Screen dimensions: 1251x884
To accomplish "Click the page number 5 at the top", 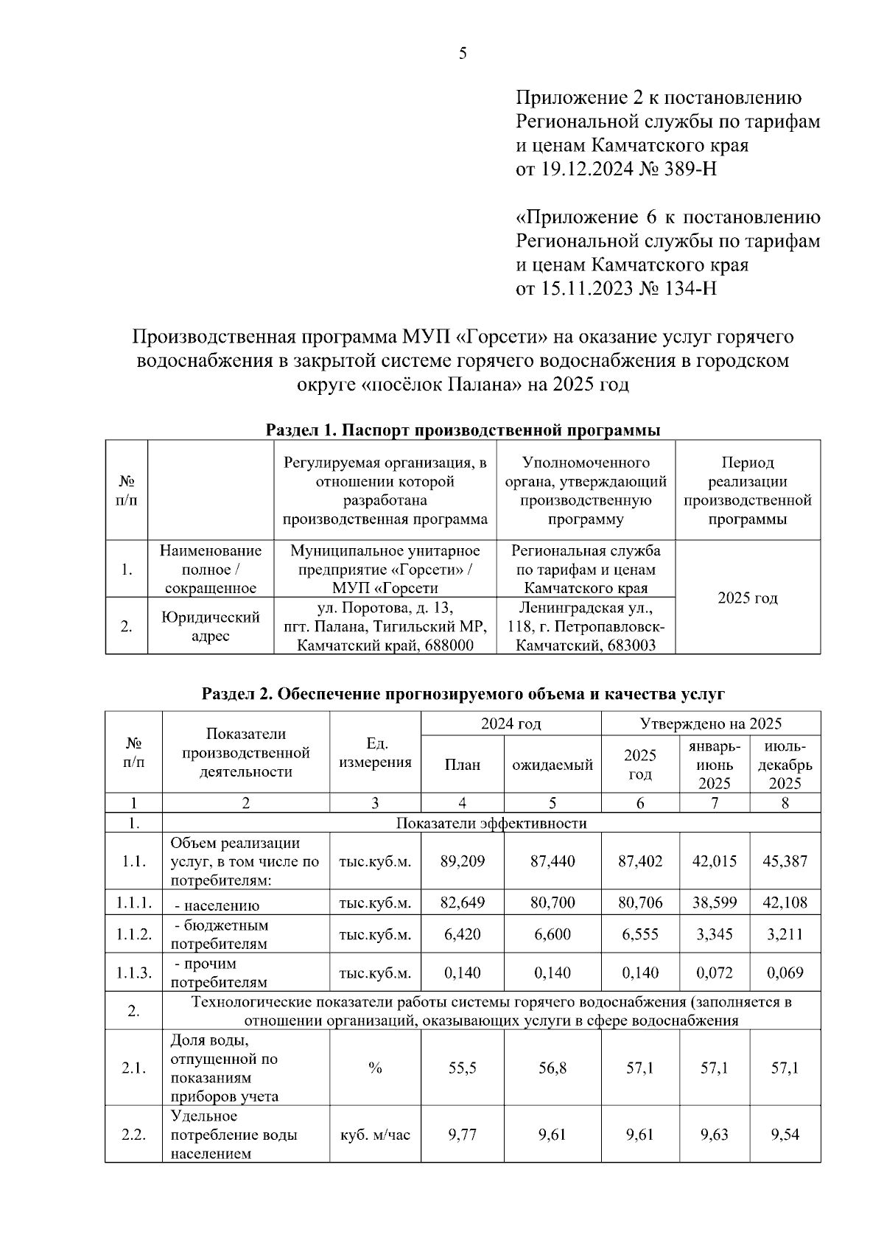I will (x=463, y=53).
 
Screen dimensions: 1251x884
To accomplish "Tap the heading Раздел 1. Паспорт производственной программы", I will (x=463, y=430).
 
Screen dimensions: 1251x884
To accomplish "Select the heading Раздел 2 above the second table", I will (x=463, y=694).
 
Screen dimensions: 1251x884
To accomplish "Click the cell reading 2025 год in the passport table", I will (x=748, y=598).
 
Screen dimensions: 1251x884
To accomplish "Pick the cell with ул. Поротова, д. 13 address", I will (x=385, y=626).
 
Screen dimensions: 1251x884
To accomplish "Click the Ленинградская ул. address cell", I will (x=586, y=626).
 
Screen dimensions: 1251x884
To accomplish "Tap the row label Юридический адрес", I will (x=211, y=626).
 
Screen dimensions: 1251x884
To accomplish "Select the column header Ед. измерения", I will (x=375, y=753).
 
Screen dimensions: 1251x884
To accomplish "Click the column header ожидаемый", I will (x=552, y=765).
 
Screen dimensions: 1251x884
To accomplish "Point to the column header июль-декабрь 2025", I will (x=785, y=765).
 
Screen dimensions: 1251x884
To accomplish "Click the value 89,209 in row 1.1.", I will (x=462, y=861).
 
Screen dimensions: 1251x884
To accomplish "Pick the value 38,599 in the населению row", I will (x=714, y=903).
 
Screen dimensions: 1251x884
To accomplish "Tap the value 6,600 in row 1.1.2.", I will (x=552, y=934).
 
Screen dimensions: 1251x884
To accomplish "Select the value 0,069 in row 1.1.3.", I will (x=785, y=973).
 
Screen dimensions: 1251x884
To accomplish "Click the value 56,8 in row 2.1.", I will (x=552, y=1068).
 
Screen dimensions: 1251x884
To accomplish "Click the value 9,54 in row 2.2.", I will (x=785, y=1135).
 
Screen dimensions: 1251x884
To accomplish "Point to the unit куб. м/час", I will (x=375, y=1135).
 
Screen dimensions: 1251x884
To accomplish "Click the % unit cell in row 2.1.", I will (x=375, y=1068).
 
